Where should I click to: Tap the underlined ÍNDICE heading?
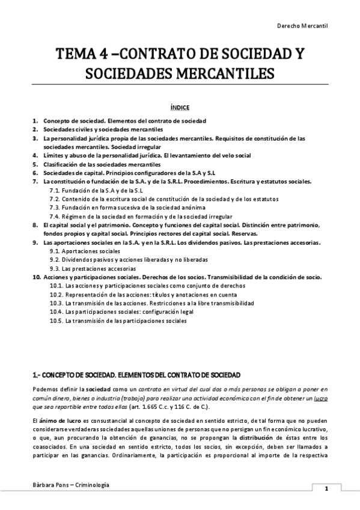[x=180, y=108]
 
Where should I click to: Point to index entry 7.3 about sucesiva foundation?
[x=123, y=207]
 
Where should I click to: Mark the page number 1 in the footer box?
[x=326, y=488]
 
